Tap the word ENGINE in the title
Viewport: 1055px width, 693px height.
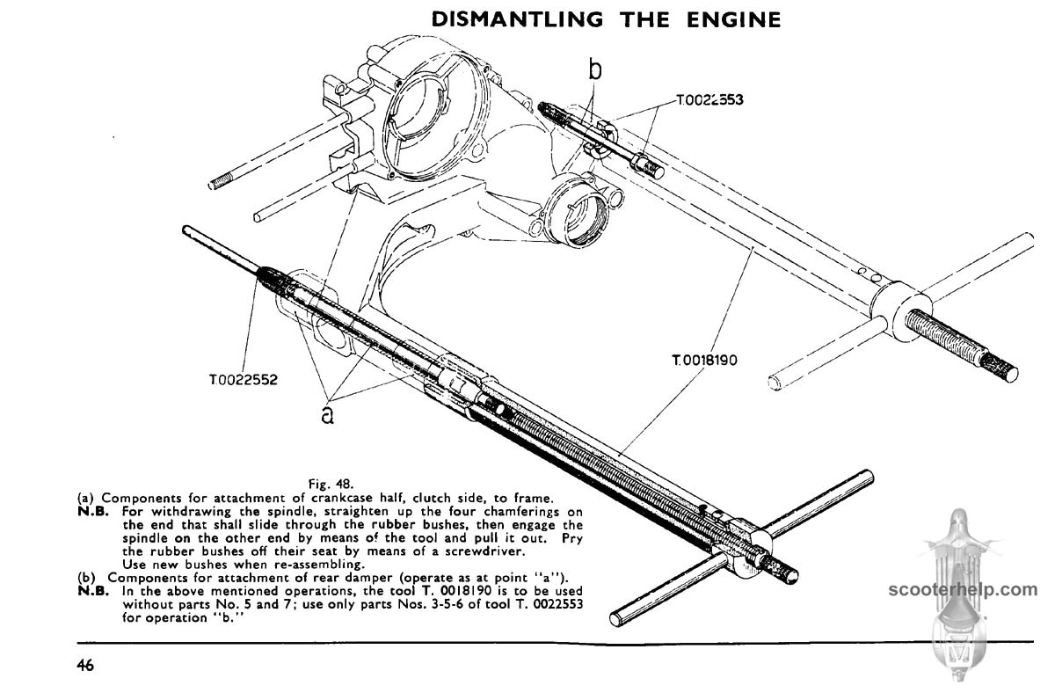click(738, 18)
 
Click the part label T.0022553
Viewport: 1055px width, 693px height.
click(709, 99)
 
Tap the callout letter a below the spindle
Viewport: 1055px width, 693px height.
click(328, 414)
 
